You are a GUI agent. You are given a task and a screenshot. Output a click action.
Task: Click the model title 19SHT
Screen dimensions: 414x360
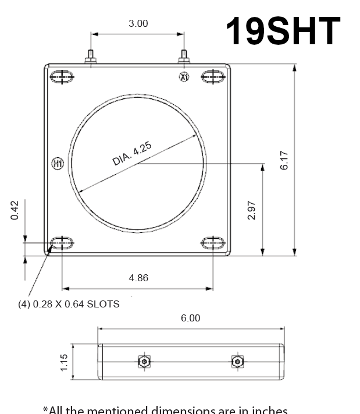point(282,31)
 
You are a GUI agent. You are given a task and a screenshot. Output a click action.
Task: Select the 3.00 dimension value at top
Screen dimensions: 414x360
point(138,24)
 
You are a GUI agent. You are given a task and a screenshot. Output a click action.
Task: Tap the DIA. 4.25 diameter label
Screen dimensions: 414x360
point(132,154)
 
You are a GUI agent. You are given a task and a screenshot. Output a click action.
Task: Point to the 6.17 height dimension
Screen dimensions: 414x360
point(284,160)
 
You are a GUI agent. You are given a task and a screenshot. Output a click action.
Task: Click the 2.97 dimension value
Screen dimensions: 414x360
point(252,210)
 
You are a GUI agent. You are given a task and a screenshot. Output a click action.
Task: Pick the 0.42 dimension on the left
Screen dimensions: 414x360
point(15,210)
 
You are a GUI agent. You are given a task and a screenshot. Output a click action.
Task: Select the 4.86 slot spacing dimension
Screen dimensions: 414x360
point(138,278)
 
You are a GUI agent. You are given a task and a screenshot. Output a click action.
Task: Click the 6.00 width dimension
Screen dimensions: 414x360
point(190,318)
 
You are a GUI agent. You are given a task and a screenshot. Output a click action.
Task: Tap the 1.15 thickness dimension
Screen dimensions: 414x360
point(64,362)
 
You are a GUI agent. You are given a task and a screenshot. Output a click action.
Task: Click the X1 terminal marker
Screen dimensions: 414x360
point(184,77)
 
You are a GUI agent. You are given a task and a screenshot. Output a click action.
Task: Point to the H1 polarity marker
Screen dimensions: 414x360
point(57,163)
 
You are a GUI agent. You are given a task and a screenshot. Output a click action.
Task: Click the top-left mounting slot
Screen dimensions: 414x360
point(62,76)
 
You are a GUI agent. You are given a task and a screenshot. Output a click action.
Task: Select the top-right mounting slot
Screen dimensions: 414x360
point(213,76)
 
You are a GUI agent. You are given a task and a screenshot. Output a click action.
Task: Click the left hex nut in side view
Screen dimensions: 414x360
point(144,362)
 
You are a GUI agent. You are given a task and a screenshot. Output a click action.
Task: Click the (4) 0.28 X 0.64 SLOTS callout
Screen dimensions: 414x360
point(69,304)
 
